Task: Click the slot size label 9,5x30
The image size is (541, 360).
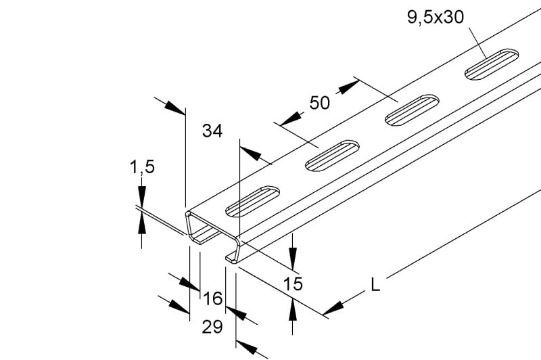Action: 436,18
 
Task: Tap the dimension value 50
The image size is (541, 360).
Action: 319,103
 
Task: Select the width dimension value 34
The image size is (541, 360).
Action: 212,131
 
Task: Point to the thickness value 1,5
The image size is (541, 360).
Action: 142,167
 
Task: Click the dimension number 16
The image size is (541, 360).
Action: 212,298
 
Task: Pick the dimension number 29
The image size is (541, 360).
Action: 212,327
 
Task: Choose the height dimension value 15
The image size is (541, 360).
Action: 293,284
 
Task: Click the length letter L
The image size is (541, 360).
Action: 375,285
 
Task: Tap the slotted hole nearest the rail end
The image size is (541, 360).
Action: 252,202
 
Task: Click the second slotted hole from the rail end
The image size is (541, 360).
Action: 332,156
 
